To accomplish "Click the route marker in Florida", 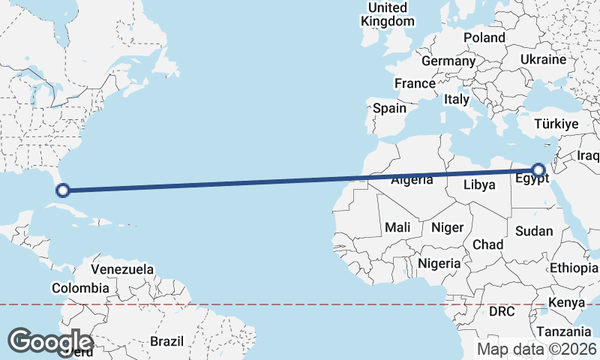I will click(x=63, y=190).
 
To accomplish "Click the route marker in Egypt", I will click(x=538, y=169).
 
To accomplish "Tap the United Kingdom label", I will click(x=387, y=14).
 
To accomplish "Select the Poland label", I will click(x=484, y=37).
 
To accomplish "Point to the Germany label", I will click(x=448, y=61).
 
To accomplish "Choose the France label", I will click(x=415, y=83).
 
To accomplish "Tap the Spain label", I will click(x=389, y=108).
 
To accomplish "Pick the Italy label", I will click(x=456, y=99).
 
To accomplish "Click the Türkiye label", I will click(x=556, y=124).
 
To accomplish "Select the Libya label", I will click(x=480, y=184).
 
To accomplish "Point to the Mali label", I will click(x=397, y=226).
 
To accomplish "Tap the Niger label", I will click(x=448, y=226).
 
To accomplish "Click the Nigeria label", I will click(x=439, y=263).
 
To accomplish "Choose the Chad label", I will click(x=487, y=244).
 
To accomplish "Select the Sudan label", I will click(x=535, y=232).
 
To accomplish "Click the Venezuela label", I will click(x=122, y=269).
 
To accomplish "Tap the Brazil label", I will click(x=166, y=341).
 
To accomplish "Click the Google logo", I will click(x=50, y=341).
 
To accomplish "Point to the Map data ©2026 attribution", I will click(x=537, y=349).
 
